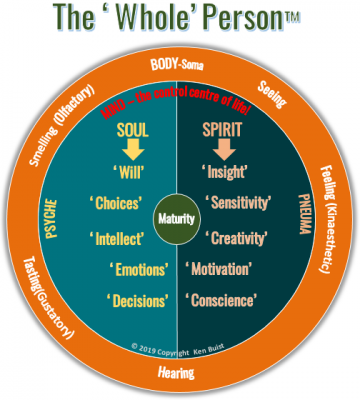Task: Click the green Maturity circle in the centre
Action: (x=179, y=217)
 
